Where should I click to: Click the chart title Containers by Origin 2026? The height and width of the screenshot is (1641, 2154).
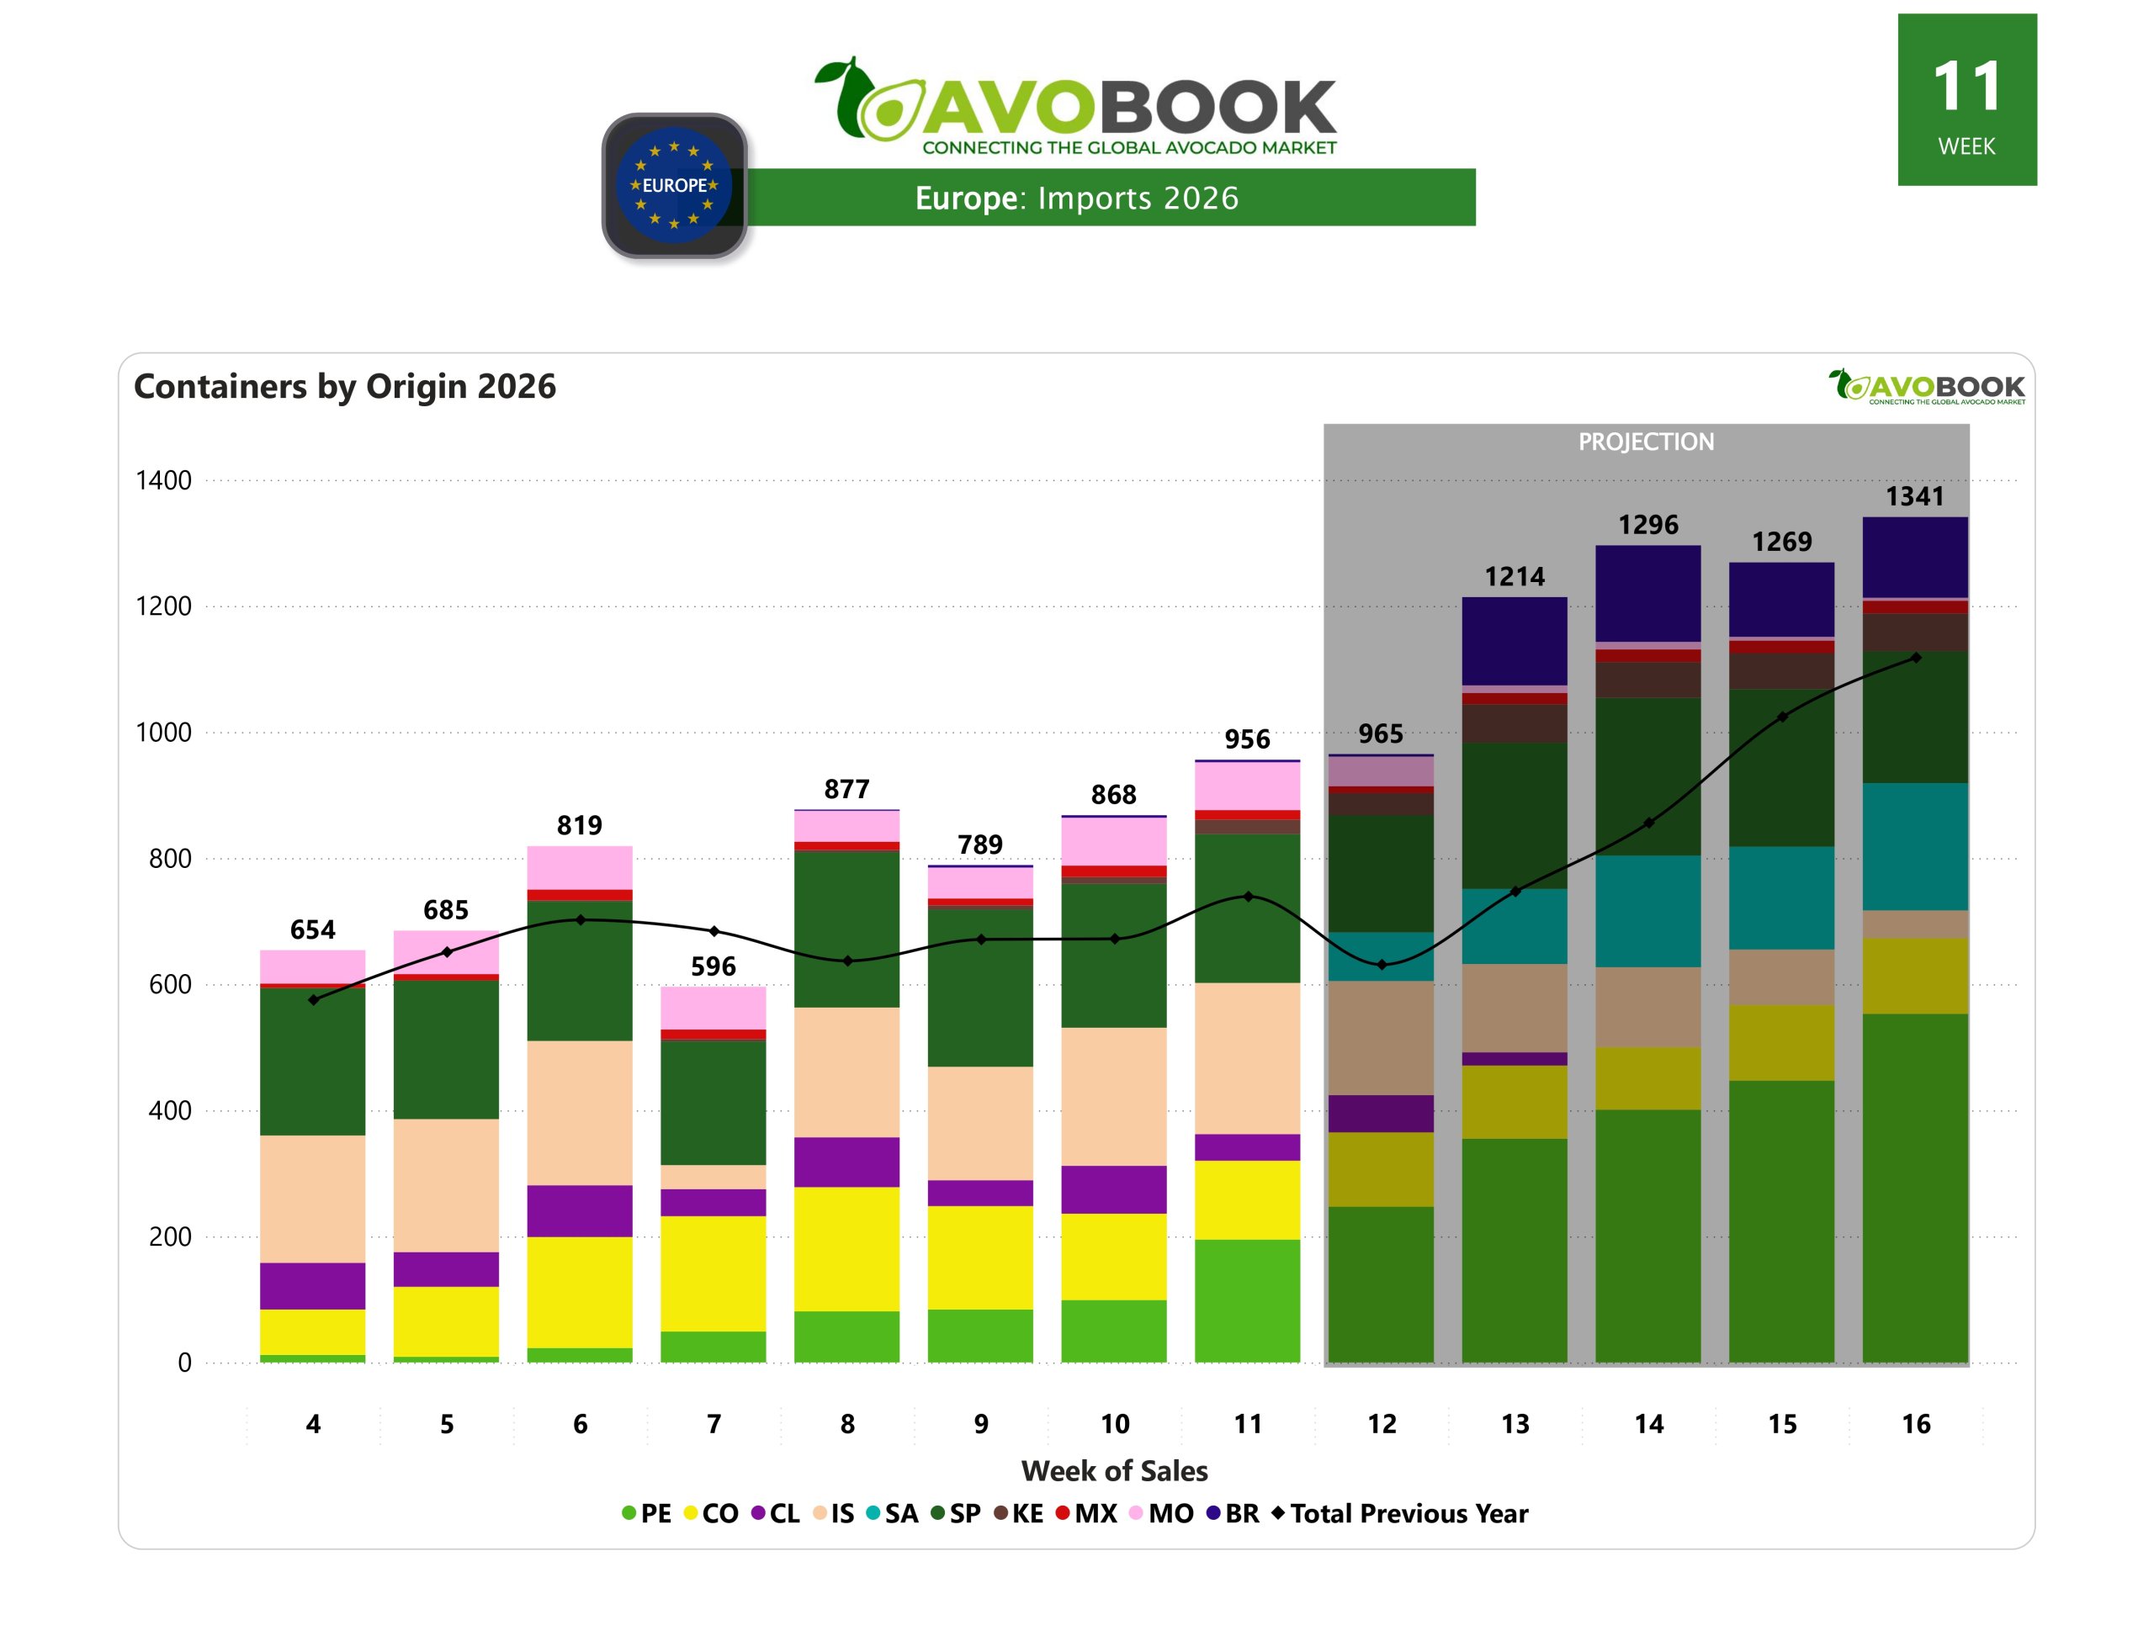coord(344,387)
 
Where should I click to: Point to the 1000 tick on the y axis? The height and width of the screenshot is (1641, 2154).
coord(163,733)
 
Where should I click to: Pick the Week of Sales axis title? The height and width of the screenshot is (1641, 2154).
coord(1114,1471)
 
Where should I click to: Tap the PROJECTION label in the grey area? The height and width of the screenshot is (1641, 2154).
coord(1645,442)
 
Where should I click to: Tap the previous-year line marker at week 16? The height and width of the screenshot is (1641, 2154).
coord(1915,658)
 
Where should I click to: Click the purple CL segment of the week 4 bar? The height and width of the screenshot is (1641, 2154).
coord(313,1285)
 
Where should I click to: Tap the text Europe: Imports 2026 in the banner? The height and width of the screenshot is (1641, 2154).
coord(1075,199)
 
